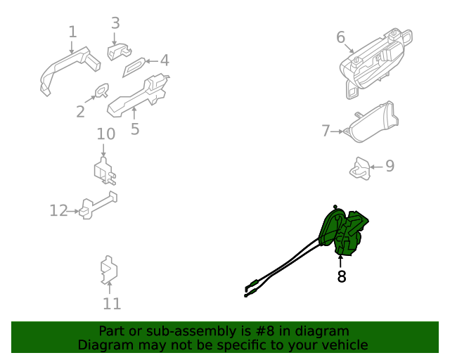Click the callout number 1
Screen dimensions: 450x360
73,32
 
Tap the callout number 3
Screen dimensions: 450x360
115,23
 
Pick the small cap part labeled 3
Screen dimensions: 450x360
119,51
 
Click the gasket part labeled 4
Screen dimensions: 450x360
134,67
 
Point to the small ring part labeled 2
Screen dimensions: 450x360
102,90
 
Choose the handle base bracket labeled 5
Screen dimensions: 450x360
138,96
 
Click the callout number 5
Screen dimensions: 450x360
135,129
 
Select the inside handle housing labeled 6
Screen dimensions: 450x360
376,63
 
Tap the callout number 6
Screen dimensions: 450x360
340,37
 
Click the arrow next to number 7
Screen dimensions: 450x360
337,131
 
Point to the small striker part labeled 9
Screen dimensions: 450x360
359,169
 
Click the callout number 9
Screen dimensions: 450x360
390,166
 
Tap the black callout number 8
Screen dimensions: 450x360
341,276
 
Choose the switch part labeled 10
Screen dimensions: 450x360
105,172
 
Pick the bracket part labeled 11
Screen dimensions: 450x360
109,270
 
